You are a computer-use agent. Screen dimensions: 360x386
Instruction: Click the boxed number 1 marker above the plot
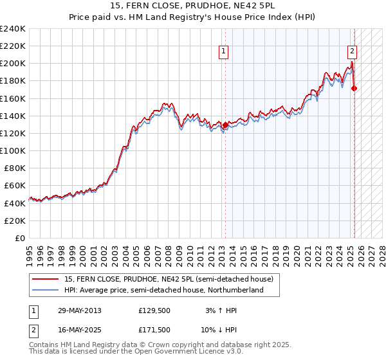(x=223, y=52)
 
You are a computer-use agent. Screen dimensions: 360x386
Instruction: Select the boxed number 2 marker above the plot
(x=353, y=52)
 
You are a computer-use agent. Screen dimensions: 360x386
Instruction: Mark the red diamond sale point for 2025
(x=354, y=89)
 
